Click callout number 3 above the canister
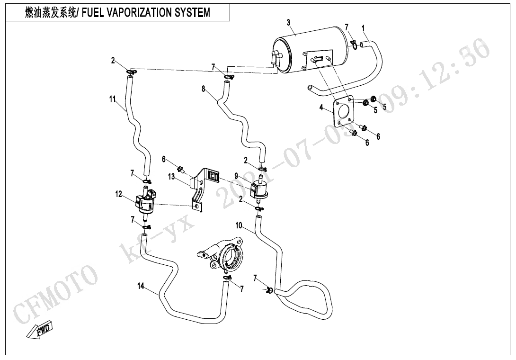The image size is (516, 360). (x=289, y=22)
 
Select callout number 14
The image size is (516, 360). (x=141, y=286)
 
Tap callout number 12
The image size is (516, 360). (x=118, y=194)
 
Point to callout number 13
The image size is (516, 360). (x=171, y=176)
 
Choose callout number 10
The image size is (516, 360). (x=239, y=225)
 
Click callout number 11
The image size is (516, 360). (x=112, y=99)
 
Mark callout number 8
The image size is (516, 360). (x=204, y=89)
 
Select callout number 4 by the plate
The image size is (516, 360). (x=321, y=108)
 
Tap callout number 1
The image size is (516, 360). (x=363, y=28)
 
